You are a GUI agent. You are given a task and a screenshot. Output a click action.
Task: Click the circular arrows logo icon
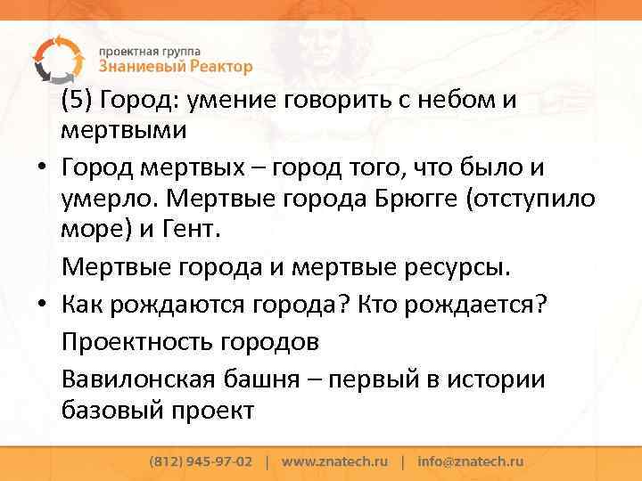pos(54,57)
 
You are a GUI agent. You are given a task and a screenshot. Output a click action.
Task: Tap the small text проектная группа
pos(149,50)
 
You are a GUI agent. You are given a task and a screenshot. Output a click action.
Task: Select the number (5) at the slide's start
pos(77,99)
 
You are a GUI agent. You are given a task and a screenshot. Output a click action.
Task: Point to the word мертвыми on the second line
pos(124,131)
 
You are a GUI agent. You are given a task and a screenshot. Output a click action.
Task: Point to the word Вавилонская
pos(136,379)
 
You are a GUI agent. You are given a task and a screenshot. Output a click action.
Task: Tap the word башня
pos(264,379)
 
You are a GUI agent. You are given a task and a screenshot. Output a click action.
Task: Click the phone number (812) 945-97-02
pos(201,462)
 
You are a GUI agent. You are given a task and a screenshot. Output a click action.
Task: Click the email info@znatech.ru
pos(470,462)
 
